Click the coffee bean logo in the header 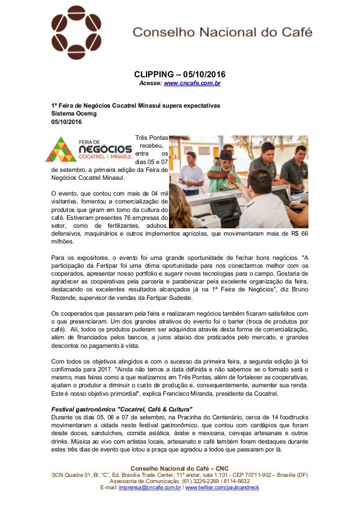click(x=78, y=33)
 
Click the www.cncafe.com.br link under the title click(x=192, y=83)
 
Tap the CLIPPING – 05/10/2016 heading click(x=179, y=74)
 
